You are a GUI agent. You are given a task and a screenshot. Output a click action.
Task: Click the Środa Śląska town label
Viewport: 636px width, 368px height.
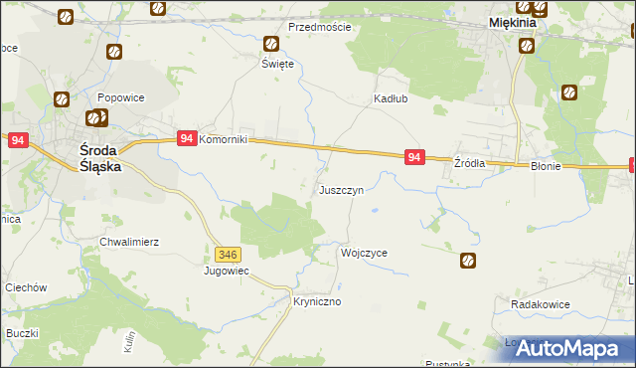tap(100, 159)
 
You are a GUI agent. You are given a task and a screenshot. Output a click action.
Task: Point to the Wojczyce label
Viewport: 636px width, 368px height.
tap(364, 253)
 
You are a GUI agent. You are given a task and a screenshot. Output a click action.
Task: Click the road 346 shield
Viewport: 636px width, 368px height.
tap(227, 255)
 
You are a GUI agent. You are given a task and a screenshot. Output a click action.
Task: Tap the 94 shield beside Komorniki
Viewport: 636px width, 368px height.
tap(186, 139)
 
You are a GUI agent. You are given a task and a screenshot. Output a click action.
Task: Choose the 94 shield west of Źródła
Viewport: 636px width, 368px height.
tap(415, 157)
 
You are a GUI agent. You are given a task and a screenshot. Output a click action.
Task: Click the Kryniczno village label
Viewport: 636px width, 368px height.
tap(317, 300)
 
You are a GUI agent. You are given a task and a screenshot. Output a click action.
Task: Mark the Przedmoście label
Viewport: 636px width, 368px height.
tap(320, 27)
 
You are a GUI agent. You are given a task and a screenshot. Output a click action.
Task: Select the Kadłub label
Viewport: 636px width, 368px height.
tap(390, 99)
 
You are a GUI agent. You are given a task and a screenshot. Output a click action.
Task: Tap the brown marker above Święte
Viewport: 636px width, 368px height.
tap(271, 44)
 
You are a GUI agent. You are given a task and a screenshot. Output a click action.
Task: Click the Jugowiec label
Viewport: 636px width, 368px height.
tap(227, 271)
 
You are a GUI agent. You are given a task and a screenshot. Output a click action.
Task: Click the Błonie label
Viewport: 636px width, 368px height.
tap(547, 167)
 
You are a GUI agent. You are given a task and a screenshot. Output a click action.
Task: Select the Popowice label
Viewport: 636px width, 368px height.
tap(121, 98)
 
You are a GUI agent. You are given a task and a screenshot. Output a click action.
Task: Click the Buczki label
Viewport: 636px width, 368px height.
tap(21, 333)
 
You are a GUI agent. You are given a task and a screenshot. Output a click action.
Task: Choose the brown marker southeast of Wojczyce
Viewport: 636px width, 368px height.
tap(468, 262)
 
